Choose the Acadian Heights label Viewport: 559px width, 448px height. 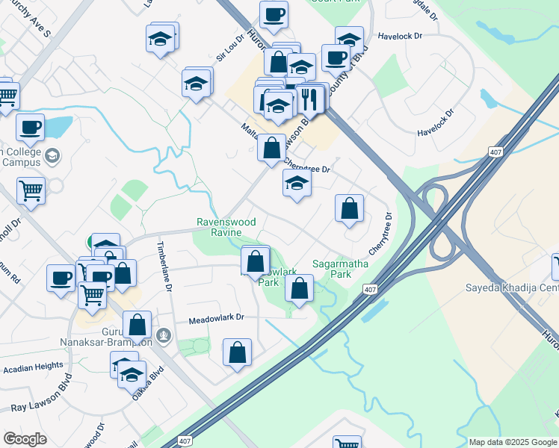(33, 367)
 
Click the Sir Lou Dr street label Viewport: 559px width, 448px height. (229, 47)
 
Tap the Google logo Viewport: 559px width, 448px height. (25, 438)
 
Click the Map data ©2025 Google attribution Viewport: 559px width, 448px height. (513, 442)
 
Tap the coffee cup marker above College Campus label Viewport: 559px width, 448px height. (31, 128)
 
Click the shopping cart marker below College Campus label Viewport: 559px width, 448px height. (31, 190)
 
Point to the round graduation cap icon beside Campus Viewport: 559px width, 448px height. (52, 156)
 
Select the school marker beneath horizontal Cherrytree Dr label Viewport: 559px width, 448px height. (297, 184)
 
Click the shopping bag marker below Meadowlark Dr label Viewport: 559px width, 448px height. (237, 354)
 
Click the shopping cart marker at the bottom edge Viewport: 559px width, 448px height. (347, 443)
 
